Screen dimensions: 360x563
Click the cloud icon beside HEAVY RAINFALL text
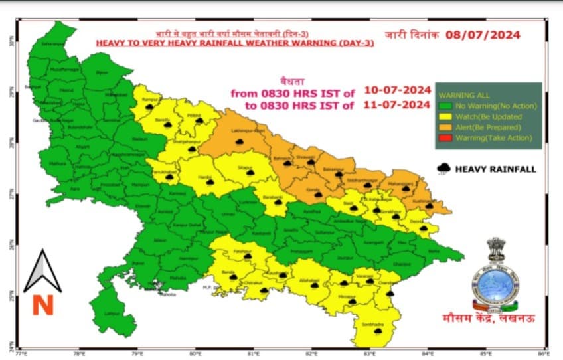[443, 169]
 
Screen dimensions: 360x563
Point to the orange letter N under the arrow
[42, 305]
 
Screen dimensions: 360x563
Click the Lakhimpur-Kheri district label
[247, 132]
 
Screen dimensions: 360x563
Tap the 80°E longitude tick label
[195, 352]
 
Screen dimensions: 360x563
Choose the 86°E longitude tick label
[544, 352]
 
